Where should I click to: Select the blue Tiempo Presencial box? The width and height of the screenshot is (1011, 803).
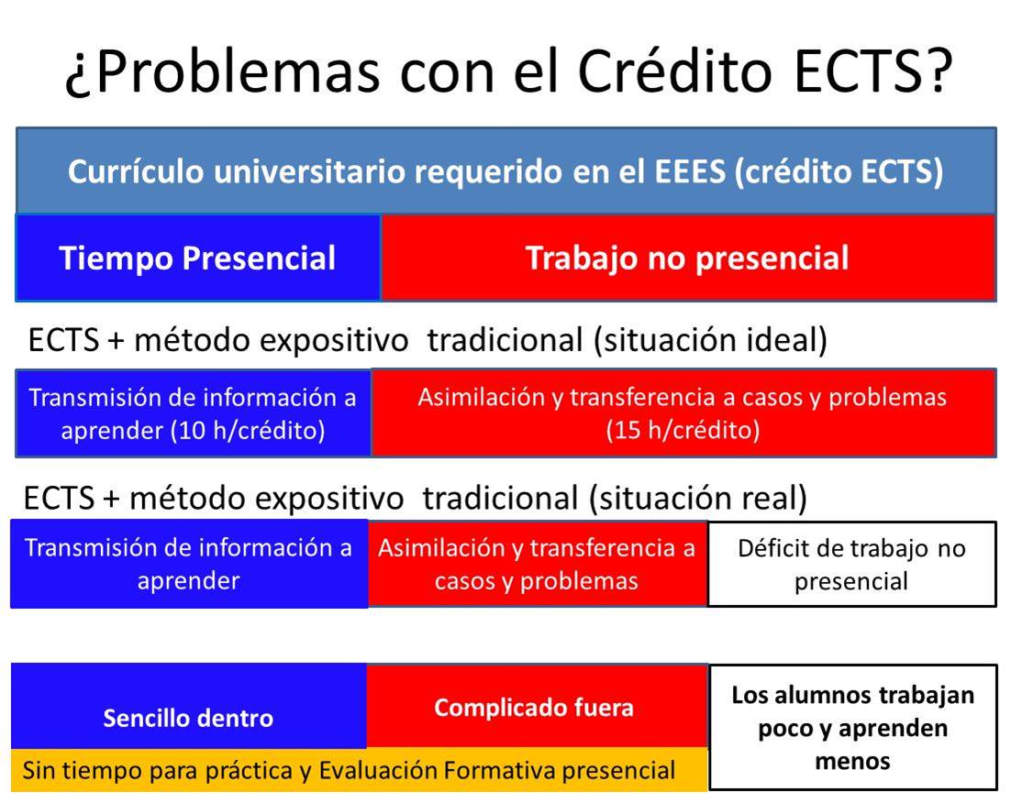(x=197, y=258)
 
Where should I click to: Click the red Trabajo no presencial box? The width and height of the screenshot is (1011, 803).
(x=687, y=258)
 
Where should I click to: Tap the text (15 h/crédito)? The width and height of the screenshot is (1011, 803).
(x=683, y=431)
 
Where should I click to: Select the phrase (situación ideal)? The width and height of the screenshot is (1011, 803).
(x=709, y=340)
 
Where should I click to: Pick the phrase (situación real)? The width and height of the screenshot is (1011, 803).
(x=699, y=499)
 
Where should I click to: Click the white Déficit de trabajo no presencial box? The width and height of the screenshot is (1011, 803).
(x=851, y=565)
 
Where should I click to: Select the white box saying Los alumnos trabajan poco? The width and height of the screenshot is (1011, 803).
(x=852, y=727)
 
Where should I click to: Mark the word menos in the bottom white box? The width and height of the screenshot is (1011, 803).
(x=852, y=761)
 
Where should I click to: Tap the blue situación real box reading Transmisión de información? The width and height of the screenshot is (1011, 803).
(x=188, y=565)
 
